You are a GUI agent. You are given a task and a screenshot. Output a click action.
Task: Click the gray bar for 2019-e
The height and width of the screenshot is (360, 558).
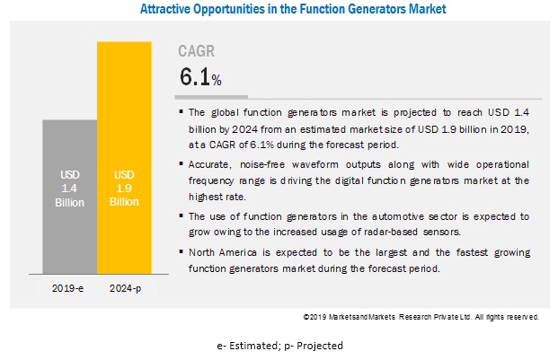click(x=70, y=197)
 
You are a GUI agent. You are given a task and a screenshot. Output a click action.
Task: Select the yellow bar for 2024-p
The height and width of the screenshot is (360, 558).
click(x=124, y=157)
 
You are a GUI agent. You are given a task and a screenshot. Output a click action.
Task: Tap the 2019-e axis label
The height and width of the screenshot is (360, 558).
click(x=67, y=288)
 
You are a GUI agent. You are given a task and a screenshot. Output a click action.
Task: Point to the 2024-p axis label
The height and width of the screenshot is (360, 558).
click(x=125, y=288)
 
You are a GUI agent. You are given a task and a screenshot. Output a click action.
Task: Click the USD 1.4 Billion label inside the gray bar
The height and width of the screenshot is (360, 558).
click(x=69, y=189)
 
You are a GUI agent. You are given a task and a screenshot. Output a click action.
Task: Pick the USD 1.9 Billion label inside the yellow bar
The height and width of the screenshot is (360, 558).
click(x=124, y=188)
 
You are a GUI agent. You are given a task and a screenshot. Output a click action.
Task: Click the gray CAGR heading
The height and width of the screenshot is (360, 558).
click(x=197, y=51)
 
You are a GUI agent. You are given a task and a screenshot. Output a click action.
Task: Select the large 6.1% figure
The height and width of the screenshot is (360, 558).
click(x=200, y=77)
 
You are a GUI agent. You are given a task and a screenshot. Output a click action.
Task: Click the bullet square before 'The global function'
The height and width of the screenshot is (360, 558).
click(x=182, y=112)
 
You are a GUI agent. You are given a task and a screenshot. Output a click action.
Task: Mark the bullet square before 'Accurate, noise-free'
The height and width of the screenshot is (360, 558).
click(x=182, y=163)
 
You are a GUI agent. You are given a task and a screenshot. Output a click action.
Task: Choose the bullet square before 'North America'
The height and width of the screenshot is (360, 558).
click(x=182, y=252)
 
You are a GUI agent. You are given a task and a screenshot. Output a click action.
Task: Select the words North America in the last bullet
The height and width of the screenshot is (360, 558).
click(x=223, y=252)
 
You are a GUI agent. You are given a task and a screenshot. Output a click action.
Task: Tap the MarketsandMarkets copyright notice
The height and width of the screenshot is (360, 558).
click(x=421, y=317)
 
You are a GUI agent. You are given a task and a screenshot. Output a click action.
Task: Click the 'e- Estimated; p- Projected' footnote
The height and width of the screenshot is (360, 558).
click(x=279, y=346)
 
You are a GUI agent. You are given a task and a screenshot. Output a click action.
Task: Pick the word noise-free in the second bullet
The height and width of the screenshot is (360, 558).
click(x=262, y=164)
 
